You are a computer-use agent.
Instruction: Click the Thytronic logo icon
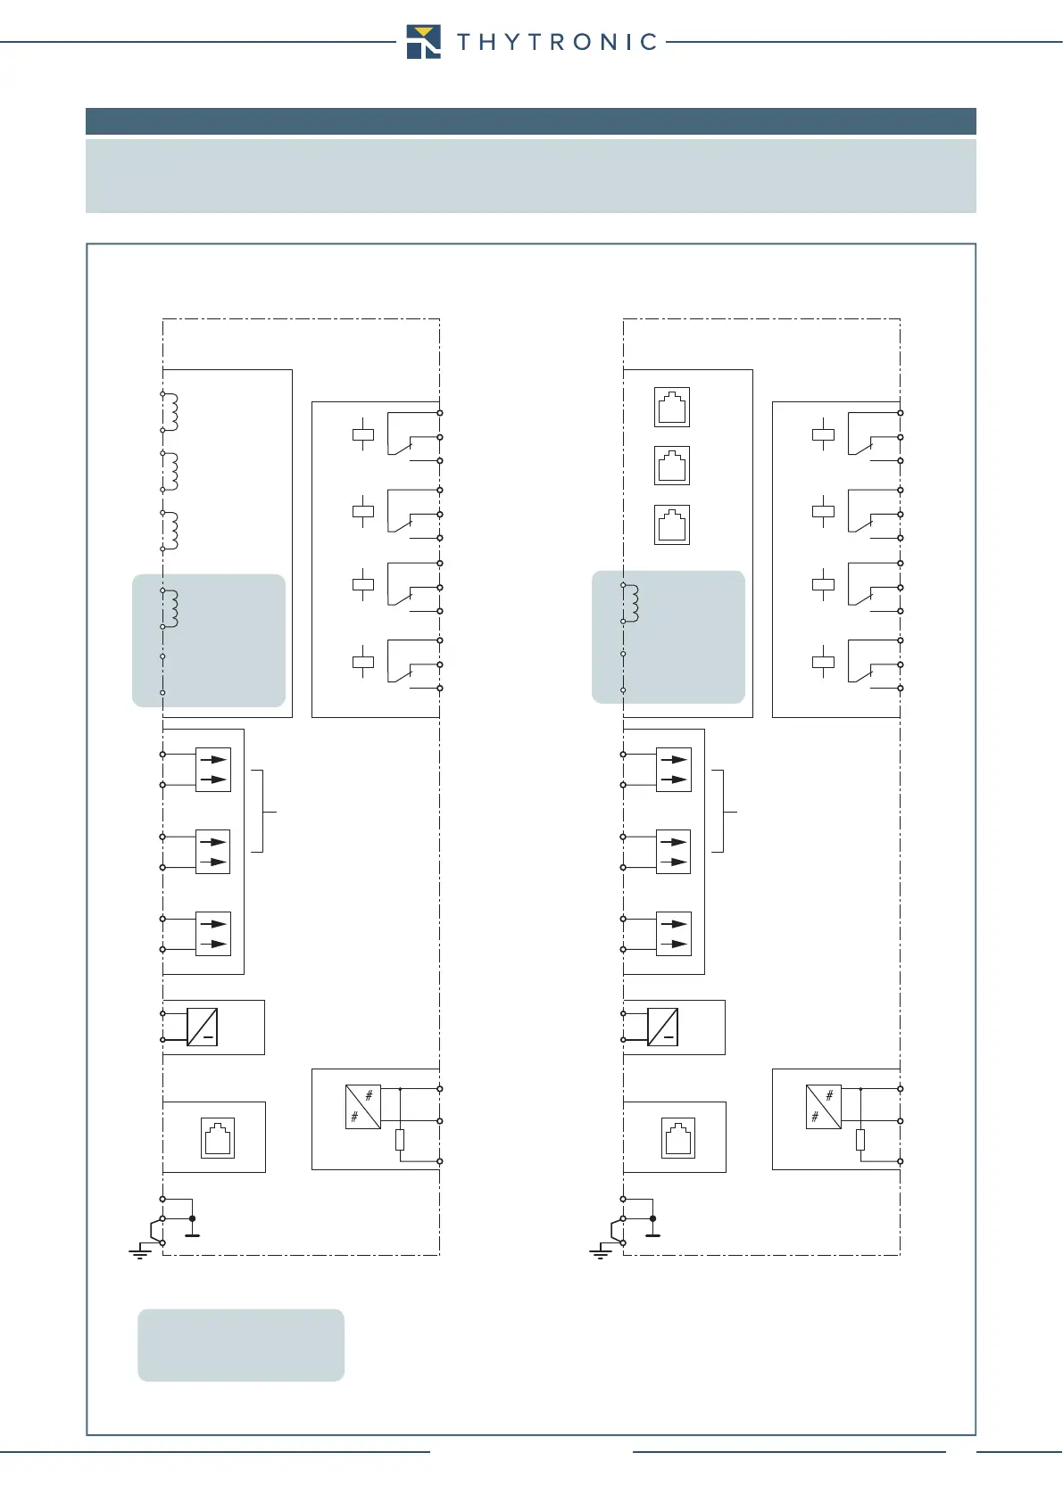(x=423, y=41)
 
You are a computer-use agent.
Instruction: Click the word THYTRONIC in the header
(x=557, y=42)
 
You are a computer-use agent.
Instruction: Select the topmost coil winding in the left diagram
(x=170, y=411)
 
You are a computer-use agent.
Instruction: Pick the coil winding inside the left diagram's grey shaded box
(x=170, y=608)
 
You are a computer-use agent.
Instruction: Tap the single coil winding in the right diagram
(x=630, y=603)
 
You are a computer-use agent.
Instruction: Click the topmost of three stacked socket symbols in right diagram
(x=672, y=408)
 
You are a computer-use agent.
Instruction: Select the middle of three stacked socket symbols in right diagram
(x=672, y=466)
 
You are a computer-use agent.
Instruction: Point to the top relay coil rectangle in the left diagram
(x=363, y=435)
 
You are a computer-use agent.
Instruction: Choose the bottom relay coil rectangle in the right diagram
(x=823, y=662)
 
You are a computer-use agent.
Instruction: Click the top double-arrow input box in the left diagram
(x=213, y=769)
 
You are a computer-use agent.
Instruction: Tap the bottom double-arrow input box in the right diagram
(x=674, y=934)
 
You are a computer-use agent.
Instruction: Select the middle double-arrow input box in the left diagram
(x=213, y=852)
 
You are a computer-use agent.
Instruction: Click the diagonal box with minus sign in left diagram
(x=203, y=1027)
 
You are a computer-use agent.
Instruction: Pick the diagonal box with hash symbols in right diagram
(x=823, y=1107)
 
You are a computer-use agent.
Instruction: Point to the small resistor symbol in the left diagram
(x=400, y=1139)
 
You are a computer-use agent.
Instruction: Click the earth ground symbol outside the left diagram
(x=140, y=1252)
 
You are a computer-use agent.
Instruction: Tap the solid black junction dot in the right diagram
(x=653, y=1218)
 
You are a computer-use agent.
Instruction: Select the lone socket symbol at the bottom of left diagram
(x=218, y=1138)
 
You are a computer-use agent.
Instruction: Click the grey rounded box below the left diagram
(x=241, y=1345)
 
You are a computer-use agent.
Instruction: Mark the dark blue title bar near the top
(x=530, y=121)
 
